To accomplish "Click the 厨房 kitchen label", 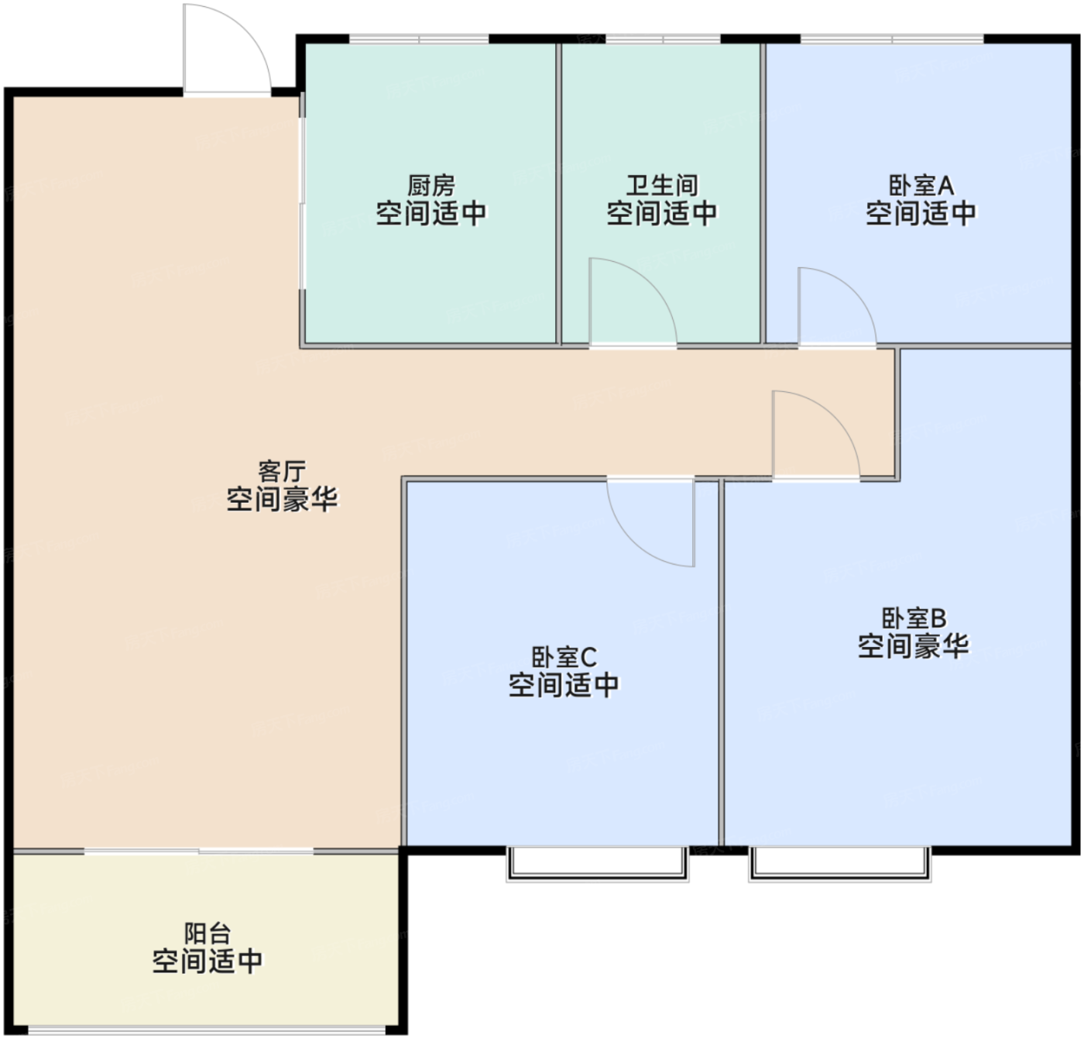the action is tap(431, 186).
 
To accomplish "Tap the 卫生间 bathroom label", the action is tap(662, 186).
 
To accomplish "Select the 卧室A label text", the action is tap(921, 186).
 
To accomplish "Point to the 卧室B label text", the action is tap(914, 618).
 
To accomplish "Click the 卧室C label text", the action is tap(564, 657).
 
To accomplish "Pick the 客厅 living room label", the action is tap(282, 472).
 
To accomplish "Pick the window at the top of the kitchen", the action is tap(419, 39).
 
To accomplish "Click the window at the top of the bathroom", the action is tap(663, 39).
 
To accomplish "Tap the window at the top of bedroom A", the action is tap(893, 39).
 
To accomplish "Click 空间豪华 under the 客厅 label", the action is tap(282, 498).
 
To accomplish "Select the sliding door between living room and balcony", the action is tap(199, 851).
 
